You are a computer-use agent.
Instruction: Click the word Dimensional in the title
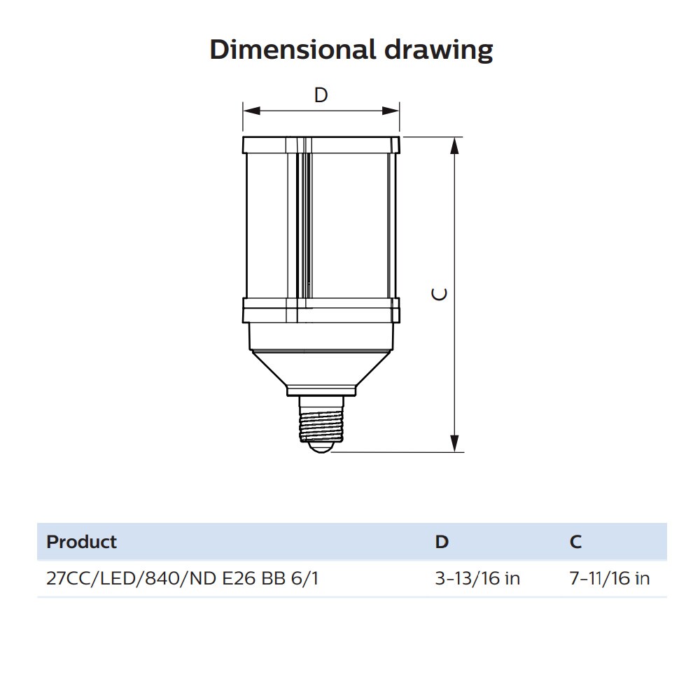(x=293, y=49)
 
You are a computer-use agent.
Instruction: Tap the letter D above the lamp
(x=321, y=95)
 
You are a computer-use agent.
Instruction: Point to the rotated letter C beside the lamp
(x=440, y=294)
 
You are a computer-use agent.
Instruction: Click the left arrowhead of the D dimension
(x=251, y=111)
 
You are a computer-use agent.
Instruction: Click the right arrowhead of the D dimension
(x=391, y=111)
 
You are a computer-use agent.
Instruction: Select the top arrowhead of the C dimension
(x=454, y=146)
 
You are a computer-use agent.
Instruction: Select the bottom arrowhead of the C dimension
(x=454, y=443)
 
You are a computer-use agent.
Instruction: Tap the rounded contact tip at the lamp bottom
(x=321, y=447)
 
